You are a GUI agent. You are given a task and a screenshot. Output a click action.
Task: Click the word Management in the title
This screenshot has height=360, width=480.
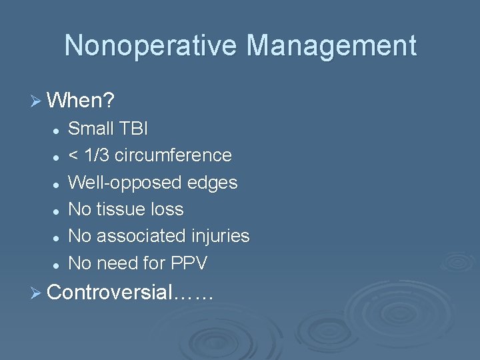331,46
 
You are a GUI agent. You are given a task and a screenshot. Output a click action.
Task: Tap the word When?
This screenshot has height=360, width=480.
81,101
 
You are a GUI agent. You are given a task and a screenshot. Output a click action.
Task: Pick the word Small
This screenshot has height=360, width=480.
90,128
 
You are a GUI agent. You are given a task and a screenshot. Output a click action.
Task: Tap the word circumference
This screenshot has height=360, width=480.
173,155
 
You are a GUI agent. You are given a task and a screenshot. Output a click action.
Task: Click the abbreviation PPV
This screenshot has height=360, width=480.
189,264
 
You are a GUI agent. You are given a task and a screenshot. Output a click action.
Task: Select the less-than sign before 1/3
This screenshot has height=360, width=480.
73,156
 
